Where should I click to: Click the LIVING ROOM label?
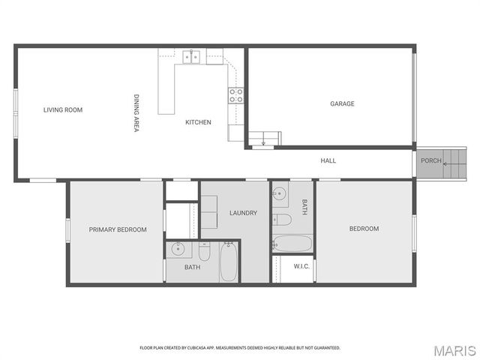tap(63, 110)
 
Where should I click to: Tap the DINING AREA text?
tap(136, 113)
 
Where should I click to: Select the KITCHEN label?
tap(198, 122)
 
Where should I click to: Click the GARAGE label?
tap(342, 103)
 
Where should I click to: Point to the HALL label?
tap(328, 160)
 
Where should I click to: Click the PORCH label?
tap(430, 160)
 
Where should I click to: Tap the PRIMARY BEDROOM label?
tap(118, 229)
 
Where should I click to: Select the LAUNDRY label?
tap(243, 213)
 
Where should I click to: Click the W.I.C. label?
tap(302, 266)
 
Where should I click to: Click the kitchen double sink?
tap(191, 56)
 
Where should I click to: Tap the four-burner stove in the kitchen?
tap(235, 94)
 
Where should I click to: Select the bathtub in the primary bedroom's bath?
tap(229, 261)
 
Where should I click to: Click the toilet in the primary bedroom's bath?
tap(204, 250)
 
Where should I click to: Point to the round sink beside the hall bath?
tap(279, 193)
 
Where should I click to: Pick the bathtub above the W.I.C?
tap(292, 243)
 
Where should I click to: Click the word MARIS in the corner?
tap(454, 350)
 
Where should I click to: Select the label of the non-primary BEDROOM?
tap(364, 229)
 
